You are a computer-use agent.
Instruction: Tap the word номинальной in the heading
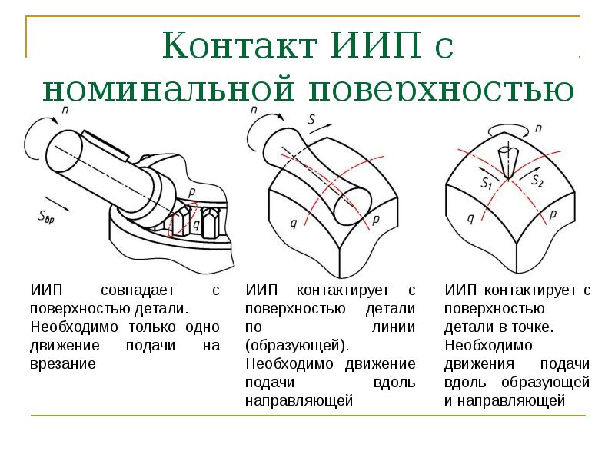168,89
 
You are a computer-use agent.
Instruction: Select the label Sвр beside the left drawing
46,217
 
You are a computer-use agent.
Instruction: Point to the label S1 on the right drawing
487,183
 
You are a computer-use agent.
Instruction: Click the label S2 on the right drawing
537,181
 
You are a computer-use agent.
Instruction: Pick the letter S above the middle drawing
312,119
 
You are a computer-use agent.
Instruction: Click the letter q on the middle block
294,224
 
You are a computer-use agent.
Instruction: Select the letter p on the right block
553,215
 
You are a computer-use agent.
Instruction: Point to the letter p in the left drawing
191,192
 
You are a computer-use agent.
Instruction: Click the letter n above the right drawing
539,128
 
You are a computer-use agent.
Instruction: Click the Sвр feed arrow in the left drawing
57,204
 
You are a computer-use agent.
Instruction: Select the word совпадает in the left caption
138,290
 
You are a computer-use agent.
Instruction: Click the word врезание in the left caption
63,364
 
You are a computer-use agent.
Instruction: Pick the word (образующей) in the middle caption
297,346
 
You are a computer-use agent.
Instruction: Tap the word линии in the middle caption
394,327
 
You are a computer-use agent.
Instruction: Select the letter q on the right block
470,218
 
